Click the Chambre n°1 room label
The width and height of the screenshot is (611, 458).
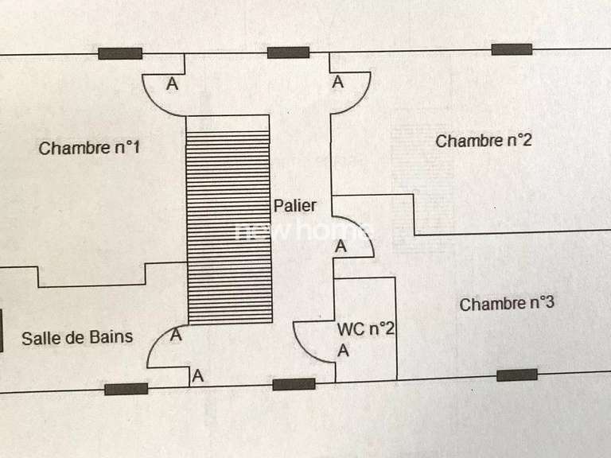[90, 148]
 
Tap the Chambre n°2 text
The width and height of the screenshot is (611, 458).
[484, 142]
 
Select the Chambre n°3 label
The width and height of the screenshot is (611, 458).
[507, 304]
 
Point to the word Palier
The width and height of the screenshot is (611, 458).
[295, 206]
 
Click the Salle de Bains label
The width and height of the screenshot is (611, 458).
[77, 337]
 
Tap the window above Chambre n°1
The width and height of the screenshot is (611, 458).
[120, 53]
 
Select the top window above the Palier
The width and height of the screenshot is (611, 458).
[288, 52]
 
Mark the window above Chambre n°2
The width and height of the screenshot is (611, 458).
[512, 49]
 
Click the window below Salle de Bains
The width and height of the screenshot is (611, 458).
[126, 389]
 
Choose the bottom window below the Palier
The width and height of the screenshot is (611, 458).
[294, 384]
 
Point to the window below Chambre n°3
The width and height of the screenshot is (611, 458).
[517, 375]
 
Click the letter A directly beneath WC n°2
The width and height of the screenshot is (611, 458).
[343, 351]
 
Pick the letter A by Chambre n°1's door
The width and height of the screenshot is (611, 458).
[172, 83]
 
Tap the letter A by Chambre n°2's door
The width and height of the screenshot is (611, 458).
[338, 82]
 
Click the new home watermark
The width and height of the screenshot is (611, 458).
[302, 231]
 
